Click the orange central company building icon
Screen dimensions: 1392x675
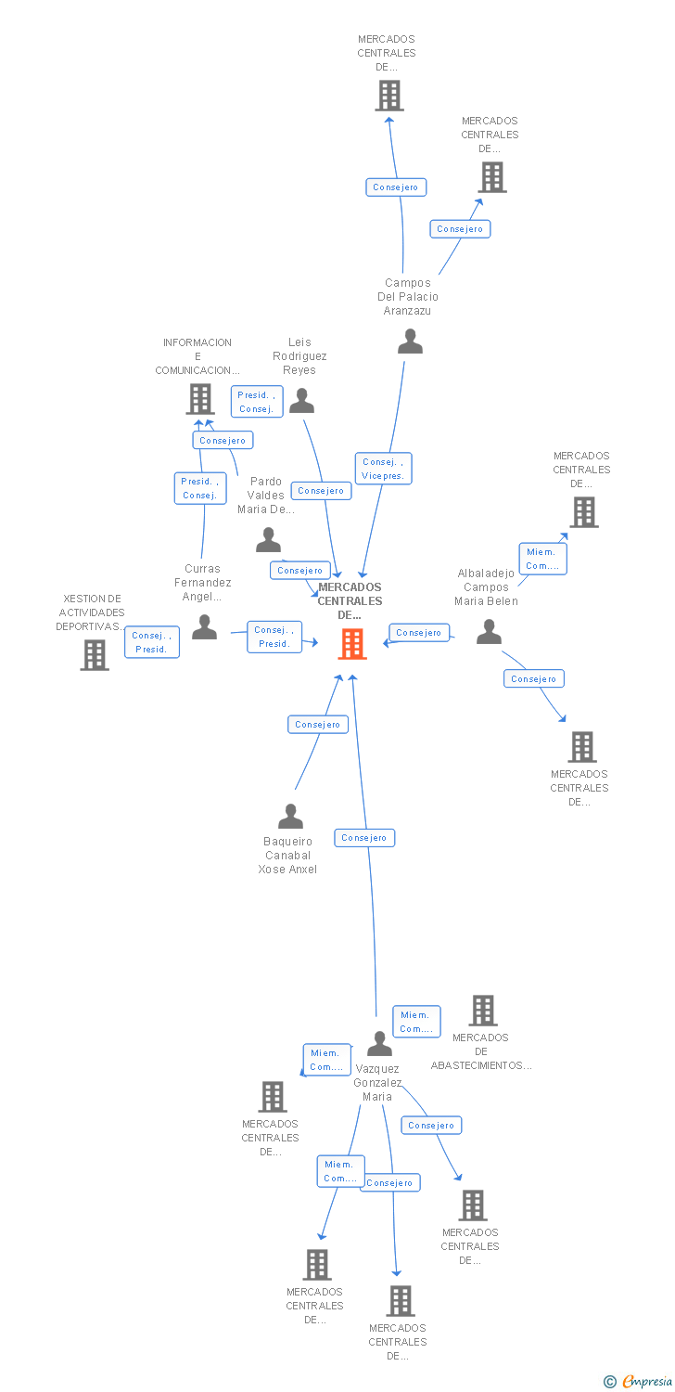tap(352, 643)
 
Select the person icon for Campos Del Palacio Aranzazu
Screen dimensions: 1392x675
tap(410, 342)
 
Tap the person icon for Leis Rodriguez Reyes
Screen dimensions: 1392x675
tap(302, 401)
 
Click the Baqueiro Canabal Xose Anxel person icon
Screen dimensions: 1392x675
tap(290, 817)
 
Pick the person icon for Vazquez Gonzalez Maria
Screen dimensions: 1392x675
tap(379, 1044)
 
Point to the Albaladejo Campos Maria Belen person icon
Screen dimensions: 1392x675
tap(489, 632)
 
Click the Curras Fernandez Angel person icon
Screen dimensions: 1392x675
tap(204, 627)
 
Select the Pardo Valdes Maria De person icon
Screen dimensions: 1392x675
tap(269, 539)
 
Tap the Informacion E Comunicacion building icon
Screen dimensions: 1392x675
tap(200, 399)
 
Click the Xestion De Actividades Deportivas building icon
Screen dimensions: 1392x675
tap(95, 654)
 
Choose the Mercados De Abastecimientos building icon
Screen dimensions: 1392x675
tap(483, 1011)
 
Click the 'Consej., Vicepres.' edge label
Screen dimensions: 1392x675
tap(383, 469)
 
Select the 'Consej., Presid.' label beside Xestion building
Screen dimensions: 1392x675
tap(151, 642)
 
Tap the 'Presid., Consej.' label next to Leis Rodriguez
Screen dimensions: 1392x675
tap(257, 402)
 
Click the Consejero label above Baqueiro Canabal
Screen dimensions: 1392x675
tap(318, 724)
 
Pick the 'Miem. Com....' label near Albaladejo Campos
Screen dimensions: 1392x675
tap(542, 559)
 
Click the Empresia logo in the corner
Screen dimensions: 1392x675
tap(646, 1382)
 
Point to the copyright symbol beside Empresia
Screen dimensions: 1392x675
tap(610, 1382)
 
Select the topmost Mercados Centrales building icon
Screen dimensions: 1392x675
tap(389, 95)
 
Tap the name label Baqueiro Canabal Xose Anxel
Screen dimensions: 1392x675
tap(287, 856)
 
